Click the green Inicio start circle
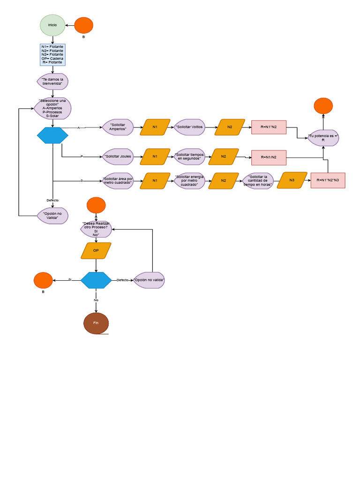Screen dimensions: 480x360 (x=52, y=25)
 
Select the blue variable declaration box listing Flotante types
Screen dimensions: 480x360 (x=52, y=54)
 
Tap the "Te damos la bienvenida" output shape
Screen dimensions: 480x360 (x=52, y=82)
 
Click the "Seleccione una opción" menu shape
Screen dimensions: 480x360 (x=52, y=108)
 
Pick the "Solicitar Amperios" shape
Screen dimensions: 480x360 (x=118, y=127)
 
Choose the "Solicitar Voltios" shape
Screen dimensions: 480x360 (x=190, y=127)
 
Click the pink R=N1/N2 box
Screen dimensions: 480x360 (x=269, y=157)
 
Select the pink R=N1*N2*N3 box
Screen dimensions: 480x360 (x=328, y=180)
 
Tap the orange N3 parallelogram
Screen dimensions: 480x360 (x=292, y=180)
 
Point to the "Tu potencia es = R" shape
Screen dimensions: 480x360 (x=323, y=138)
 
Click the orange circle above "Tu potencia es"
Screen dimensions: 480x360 (x=323, y=106)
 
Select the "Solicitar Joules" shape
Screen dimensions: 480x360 (x=118, y=157)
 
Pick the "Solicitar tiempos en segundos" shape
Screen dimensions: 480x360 (x=190, y=157)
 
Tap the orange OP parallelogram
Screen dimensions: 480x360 (x=96, y=251)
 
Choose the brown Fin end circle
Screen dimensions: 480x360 (x=96, y=323)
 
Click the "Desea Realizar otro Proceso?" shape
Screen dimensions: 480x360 (x=96, y=229)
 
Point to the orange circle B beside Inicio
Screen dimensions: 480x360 (x=84, y=25)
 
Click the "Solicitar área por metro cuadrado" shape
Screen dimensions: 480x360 (x=118, y=180)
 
